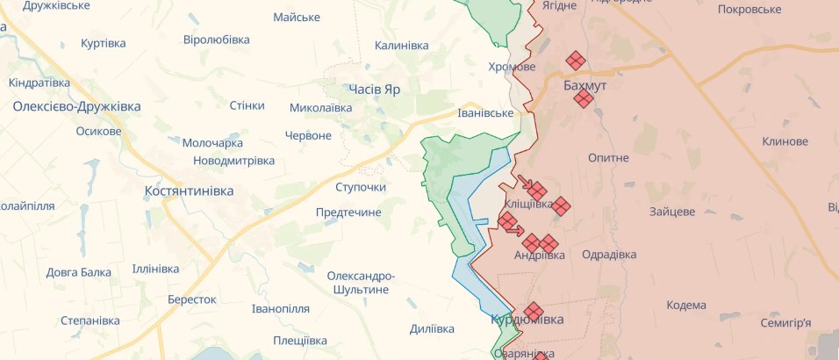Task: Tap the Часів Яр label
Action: pyautogui.click(x=374, y=90)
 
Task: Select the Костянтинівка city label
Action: pyautogui.click(x=190, y=191)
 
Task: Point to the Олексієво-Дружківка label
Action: pyautogui.click(x=76, y=106)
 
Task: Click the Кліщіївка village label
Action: pyautogui.click(x=529, y=204)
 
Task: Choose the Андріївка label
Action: pyautogui.click(x=538, y=255)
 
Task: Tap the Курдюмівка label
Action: pyautogui.click(x=527, y=320)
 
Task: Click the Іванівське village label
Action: pyautogui.click(x=485, y=113)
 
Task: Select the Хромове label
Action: pyautogui.click(x=512, y=67)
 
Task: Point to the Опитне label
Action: pyautogui.click(x=608, y=157)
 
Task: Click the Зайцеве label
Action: pyautogui.click(x=672, y=212)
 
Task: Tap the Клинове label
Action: pyautogui.click(x=785, y=141)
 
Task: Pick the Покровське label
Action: pyautogui.click(x=749, y=9)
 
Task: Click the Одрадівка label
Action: pyautogui.click(x=609, y=255)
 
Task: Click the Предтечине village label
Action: pyautogui.click(x=348, y=212)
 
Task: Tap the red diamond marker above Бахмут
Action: pyautogui.click(x=576, y=60)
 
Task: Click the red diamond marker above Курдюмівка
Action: pyautogui.click(x=533, y=311)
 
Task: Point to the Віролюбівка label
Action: pyautogui.click(x=216, y=40)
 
